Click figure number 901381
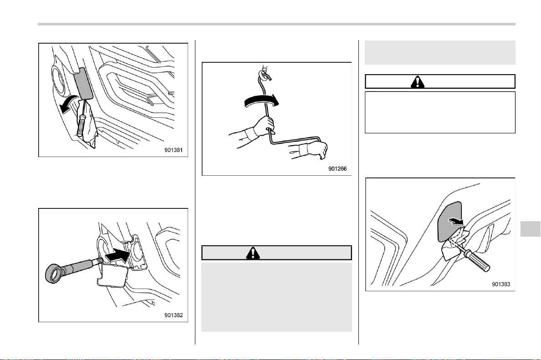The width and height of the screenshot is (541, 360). coord(174,150)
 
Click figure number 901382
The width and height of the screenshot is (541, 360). coord(174,315)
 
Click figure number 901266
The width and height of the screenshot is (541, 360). coord(337,168)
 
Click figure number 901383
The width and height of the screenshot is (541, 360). coord(501,284)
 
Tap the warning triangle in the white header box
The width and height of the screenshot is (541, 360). coord(418,82)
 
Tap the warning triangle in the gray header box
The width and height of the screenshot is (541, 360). coord(253,253)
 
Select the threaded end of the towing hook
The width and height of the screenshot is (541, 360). coord(97,263)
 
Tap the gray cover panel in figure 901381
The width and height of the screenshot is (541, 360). coord(83,83)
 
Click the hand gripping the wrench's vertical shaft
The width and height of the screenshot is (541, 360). coord(264,126)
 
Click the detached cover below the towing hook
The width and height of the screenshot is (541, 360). coord(113,277)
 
